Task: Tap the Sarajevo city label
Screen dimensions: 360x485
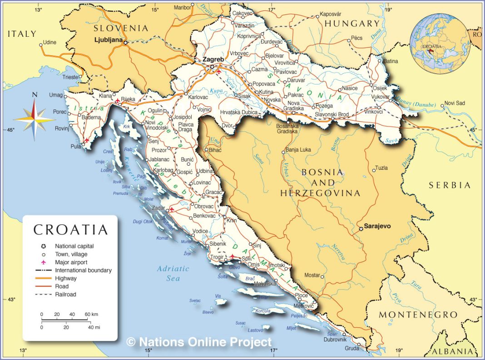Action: (378, 226)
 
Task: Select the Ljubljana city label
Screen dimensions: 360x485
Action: (109, 39)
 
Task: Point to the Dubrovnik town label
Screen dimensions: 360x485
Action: (335, 340)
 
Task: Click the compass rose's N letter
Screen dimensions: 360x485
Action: (35, 95)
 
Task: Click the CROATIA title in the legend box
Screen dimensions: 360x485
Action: (71, 229)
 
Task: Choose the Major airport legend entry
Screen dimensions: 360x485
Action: (71, 262)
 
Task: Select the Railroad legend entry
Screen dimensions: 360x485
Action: (65, 294)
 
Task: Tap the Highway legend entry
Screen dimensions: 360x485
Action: (66, 278)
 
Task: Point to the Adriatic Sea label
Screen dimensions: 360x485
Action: (173, 273)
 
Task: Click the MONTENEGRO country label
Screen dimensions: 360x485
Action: (418, 315)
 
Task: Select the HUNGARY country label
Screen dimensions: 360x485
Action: (352, 24)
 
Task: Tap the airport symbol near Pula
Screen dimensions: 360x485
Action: (87, 140)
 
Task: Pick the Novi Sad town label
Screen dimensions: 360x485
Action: (455, 103)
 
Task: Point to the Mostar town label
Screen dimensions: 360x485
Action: (312, 275)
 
